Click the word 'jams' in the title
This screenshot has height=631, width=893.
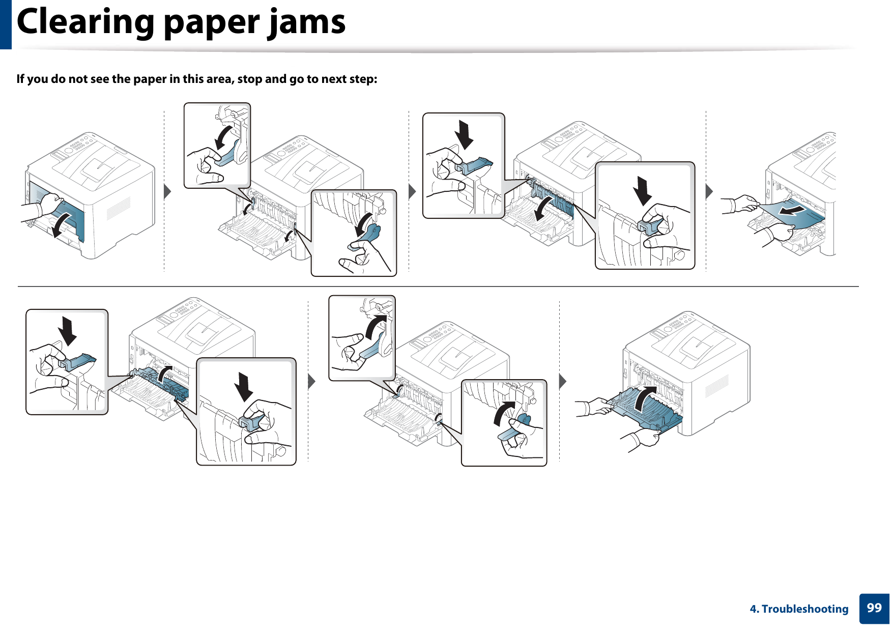click(x=307, y=22)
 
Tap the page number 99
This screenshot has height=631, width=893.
click(x=874, y=608)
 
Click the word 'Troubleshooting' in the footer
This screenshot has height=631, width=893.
click(x=805, y=609)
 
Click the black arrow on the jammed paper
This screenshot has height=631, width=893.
click(x=792, y=210)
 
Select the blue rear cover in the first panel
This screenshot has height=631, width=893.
click(x=66, y=214)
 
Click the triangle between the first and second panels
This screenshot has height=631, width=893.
click(x=167, y=192)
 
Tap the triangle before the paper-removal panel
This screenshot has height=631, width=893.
click(x=709, y=192)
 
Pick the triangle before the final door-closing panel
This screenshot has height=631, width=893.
click(x=563, y=381)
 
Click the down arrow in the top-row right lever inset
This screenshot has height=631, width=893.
click(x=643, y=191)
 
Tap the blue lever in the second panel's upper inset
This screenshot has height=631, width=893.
click(x=227, y=155)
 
